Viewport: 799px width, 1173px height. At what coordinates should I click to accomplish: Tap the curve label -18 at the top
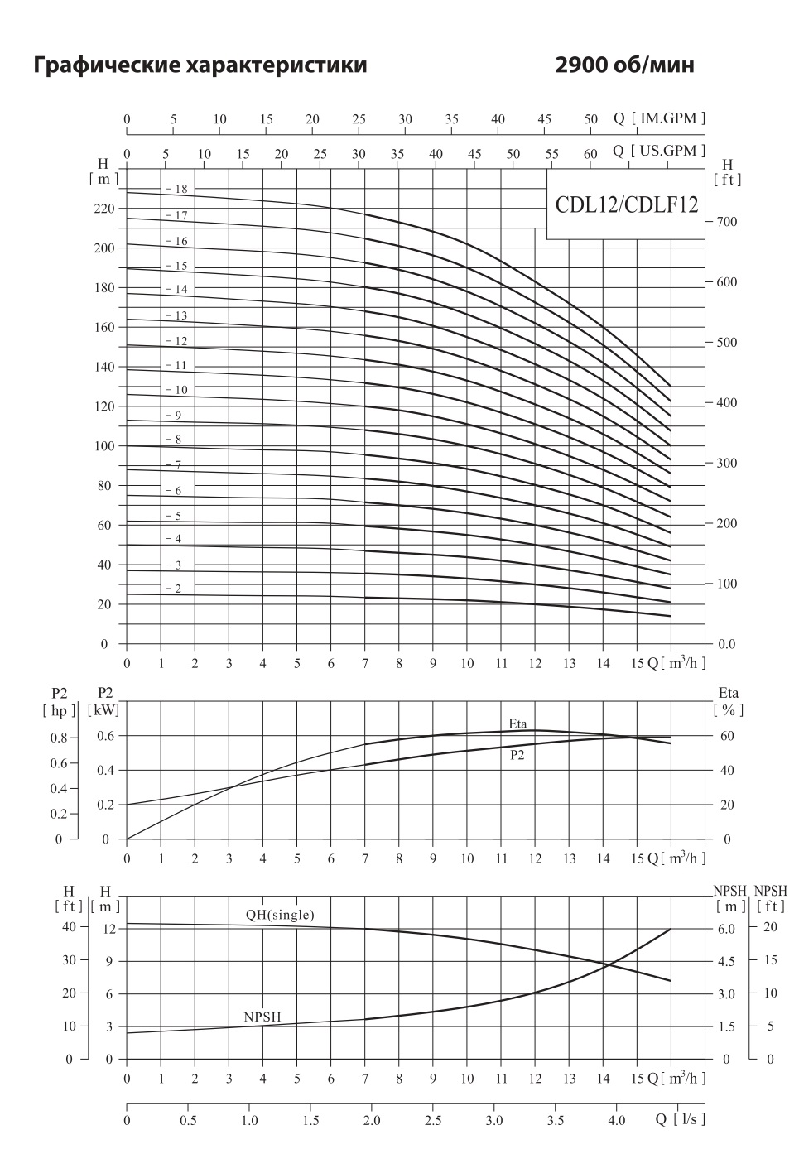pyautogui.click(x=177, y=190)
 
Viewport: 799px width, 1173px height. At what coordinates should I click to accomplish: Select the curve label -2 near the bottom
pyautogui.click(x=174, y=589)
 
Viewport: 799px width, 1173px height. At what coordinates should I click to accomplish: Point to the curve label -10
pyautogui.click(x=177, y=390)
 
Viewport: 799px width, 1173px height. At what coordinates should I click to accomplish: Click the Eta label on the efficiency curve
pyautogui.click(x=517, y=724)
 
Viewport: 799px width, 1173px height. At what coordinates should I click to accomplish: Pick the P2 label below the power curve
pyautogui.click(x=517, y=755)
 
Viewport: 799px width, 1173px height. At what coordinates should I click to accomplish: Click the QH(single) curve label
pyautogui.click(x=280, y=915)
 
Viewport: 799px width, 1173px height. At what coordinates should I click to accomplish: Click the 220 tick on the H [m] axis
pyautogui.click(x=103, y=209)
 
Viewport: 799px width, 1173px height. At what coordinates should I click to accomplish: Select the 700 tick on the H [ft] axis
pyautogui.click(x=726, y=223)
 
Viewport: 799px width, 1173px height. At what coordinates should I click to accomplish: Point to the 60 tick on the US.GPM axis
pyautogui.click(x=590, y=154)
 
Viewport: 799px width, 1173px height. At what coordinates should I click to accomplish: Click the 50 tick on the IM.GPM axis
pyautogui.click(x=590, y=119)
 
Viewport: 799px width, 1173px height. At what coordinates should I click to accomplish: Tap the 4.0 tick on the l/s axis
pyautogui.click(x=616, y=1121)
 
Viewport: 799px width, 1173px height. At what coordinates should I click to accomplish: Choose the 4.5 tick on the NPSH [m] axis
pyautogui.click(x=725, y=962)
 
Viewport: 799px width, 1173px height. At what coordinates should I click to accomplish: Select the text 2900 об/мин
pyautogui.click(x=625, y=65)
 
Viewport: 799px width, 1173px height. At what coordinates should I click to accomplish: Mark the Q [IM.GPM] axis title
pyautogui.click(x=660, y=118)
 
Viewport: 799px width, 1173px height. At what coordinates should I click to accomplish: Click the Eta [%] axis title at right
pyautogui.click(x=729, y=701)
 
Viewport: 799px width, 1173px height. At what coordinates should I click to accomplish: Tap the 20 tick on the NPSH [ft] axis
pyautogui.click(x=770, y=927)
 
